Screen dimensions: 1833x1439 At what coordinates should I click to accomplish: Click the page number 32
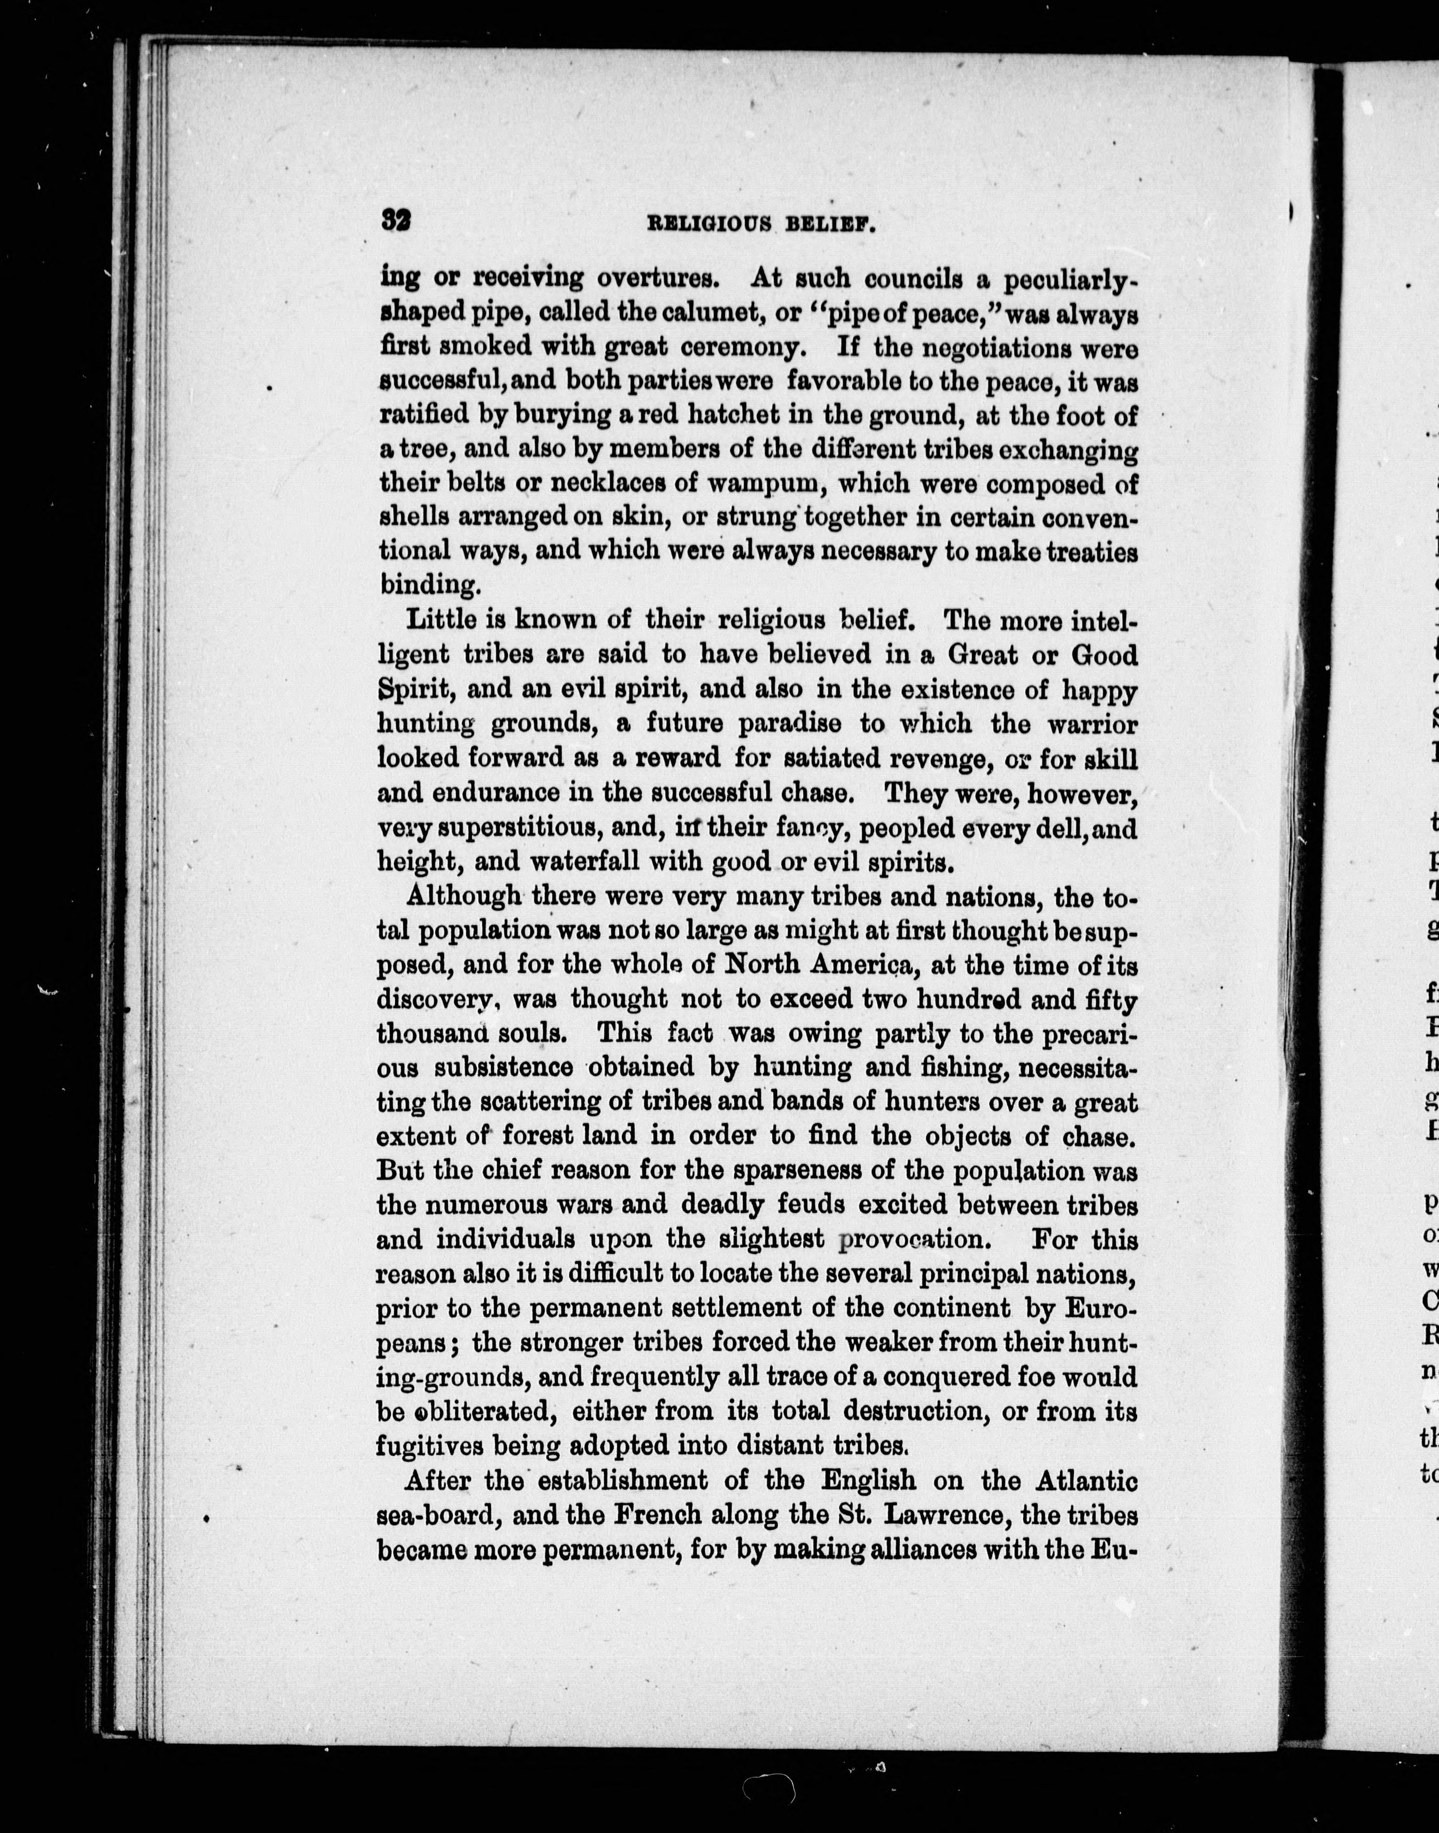pos(395,222)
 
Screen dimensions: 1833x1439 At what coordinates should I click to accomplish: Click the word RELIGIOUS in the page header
pos(709,224)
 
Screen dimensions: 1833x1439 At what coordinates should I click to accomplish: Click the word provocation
pos(912,1240)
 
